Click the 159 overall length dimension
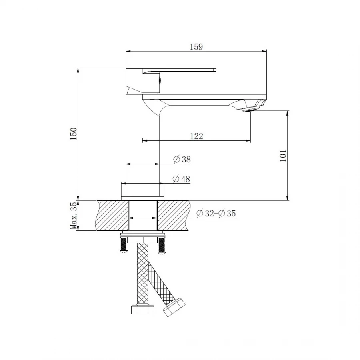196,46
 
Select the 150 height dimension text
73,134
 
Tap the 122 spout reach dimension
196,136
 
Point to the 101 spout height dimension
283,155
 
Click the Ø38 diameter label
182,159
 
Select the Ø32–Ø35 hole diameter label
216,214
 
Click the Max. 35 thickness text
73,216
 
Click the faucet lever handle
180,70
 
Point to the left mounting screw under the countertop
124,245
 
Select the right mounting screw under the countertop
162,245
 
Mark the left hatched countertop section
112,216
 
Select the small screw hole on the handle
159,79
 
